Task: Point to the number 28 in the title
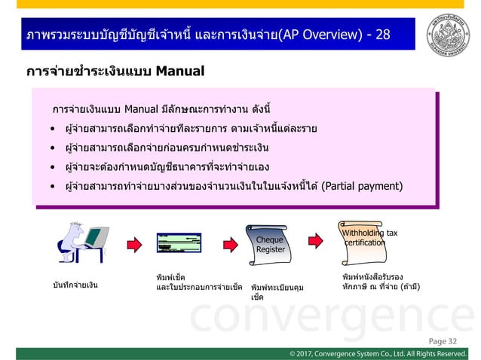click(383, 35)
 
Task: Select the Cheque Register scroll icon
click(269, 244)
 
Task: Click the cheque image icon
click(179, 243)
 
